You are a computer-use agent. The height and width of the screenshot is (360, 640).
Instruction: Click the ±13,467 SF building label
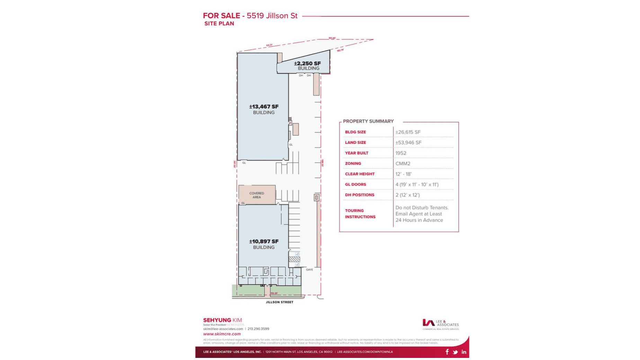264,109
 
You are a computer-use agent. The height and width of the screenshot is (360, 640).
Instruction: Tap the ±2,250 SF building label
308,65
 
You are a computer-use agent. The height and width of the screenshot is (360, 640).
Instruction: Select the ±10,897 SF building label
264,244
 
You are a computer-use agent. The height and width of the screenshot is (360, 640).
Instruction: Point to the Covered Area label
257,195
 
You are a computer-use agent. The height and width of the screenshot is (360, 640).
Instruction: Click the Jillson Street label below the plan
279,302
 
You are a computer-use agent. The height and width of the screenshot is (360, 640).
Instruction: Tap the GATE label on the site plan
309,270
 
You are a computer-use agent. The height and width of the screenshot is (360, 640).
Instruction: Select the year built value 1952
401,153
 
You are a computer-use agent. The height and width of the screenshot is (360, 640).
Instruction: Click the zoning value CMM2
403,163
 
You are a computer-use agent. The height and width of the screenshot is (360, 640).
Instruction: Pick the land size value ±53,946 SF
408,143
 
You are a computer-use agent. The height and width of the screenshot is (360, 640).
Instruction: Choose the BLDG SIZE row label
355,132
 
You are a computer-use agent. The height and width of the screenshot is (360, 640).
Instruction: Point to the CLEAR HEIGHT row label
359,174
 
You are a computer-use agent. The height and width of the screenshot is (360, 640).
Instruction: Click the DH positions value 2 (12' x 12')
408,195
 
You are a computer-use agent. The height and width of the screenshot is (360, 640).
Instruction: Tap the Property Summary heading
368,121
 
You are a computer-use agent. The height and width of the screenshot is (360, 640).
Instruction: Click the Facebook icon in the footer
447,352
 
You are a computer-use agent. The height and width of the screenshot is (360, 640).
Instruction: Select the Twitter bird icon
455,352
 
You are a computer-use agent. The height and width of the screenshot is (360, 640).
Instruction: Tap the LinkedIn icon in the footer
464,352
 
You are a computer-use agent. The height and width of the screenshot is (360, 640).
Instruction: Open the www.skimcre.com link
222,334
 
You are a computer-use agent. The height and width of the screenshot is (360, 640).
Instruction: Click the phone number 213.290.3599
258,329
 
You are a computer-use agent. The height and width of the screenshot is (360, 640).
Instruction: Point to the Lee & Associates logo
440,324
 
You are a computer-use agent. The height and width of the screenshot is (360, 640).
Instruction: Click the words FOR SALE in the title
221,16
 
